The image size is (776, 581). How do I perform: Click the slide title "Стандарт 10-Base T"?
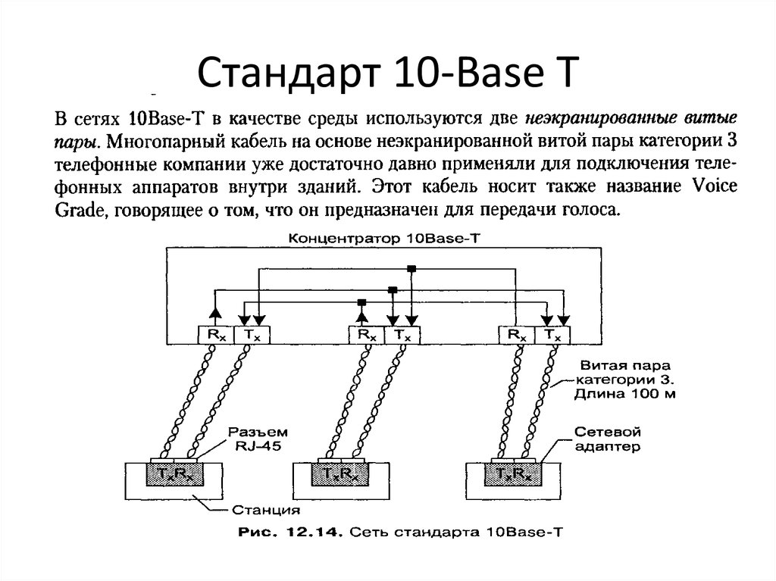point(388,72)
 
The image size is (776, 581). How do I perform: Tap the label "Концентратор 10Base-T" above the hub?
point(384,239)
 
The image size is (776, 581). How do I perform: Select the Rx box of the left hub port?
point(216,335)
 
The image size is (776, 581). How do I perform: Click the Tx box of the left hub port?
point(252,335)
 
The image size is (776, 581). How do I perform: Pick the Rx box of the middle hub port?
point(367,335)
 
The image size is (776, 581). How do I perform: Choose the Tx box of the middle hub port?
point(402,335)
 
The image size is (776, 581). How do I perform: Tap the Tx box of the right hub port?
point(552,335)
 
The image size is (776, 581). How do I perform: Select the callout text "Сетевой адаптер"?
point(607,439)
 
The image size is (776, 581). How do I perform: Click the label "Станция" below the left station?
point(266,510)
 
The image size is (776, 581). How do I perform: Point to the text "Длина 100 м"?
point(624,394)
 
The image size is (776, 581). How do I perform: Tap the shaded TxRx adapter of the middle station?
point(340,475)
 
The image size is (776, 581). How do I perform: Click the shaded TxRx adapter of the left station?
point(175,475)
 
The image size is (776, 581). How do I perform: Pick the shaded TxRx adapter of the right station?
point(514,475)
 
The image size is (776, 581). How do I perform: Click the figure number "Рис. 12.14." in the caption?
point(290,533)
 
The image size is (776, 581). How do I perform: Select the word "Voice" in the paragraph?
point(714,186)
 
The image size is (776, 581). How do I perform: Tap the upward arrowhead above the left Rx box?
point(214,312)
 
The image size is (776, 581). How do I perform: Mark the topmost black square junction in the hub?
point(411,269)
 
